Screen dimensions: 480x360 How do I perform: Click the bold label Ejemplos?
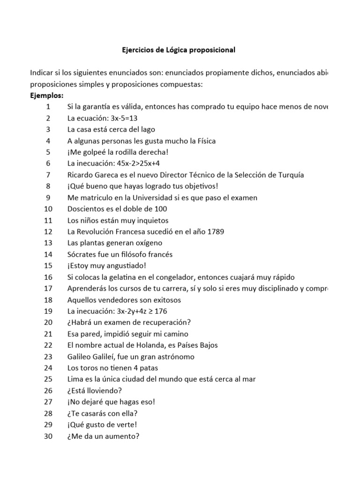pyautogui.click(x=46, y=96)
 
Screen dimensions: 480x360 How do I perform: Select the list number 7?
pyautogui.click(x=48, y=175)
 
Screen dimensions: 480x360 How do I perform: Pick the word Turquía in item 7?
pyautogui.click(x=288, y=175)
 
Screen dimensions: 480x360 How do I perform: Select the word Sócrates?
pyautogui.click(x=82, y=255)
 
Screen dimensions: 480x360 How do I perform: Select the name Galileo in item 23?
pyautogui.click(x=81, y=357)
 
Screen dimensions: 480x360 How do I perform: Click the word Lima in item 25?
pyautogui.click(x=75, y=379)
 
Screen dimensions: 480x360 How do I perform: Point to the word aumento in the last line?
pyautogui.click(x=123, y=436)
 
